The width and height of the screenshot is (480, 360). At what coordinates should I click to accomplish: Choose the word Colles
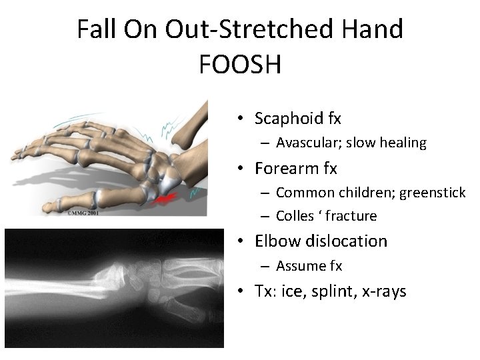295,216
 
